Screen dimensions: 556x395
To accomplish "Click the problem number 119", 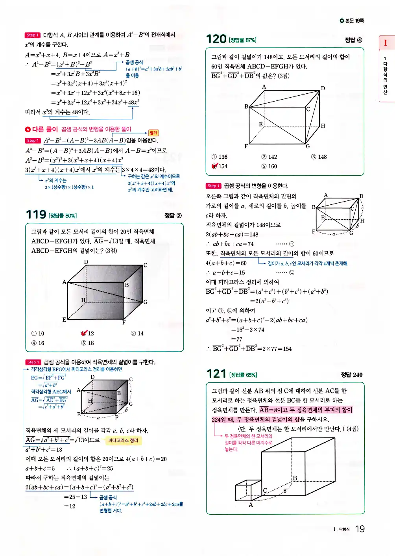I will [x=36, y=215].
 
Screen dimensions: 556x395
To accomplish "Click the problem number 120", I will [x=216, y=39].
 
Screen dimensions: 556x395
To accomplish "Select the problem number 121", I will [x=216, y=374].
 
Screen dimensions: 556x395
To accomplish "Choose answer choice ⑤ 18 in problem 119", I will [x=88, y=343].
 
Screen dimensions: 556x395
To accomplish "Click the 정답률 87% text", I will [x=243, y=40].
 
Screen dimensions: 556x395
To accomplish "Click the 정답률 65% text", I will [x=243, y=375].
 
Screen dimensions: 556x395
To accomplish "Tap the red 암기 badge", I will [x=153, y=133].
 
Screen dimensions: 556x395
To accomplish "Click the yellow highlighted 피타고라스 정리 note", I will [x=123, y=440].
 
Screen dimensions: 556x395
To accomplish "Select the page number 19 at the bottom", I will [x=360, y=529].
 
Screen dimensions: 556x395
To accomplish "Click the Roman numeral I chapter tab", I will [x=386, y=43].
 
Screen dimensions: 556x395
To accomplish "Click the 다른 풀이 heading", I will [x=42, y=129].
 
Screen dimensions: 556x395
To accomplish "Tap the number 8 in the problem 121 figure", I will [x=285, y=491].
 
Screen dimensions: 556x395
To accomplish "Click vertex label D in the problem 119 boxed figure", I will [x=86, y=262].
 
